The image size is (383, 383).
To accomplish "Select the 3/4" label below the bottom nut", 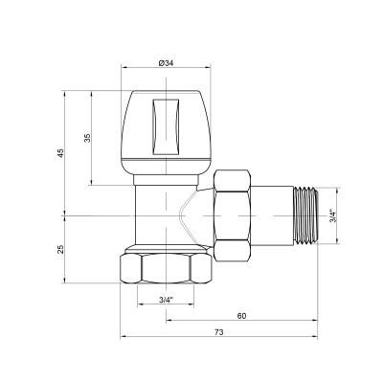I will [x=165, y=300].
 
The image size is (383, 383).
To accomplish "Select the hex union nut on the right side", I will [x=235, y=215].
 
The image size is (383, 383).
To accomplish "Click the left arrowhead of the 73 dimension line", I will [x=124, y=338].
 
